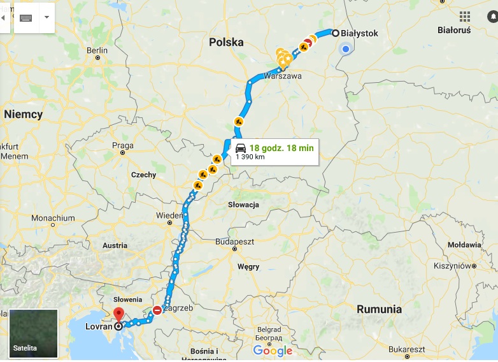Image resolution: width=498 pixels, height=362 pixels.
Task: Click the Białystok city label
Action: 360,33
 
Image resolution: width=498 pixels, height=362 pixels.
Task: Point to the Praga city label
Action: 122,145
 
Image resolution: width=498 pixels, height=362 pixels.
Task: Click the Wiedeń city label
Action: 169,215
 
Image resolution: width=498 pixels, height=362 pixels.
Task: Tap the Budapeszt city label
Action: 234,242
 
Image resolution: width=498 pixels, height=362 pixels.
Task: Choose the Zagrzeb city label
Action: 173,308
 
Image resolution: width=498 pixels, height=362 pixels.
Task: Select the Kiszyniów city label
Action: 452,265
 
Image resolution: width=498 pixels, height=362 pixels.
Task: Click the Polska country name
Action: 226,42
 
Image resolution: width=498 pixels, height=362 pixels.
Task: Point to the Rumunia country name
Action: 379,309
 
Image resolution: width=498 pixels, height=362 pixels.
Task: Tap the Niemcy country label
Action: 23,115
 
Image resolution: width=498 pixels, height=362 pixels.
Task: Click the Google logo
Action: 273,351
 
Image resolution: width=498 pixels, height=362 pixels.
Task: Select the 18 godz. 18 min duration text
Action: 281,148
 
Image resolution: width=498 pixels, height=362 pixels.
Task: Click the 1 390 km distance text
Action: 250,157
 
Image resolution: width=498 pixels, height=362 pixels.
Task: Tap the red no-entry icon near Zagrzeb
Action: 157,310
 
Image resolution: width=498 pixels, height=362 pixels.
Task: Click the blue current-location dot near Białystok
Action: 345,49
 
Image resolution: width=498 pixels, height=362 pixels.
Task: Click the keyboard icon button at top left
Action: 26,17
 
